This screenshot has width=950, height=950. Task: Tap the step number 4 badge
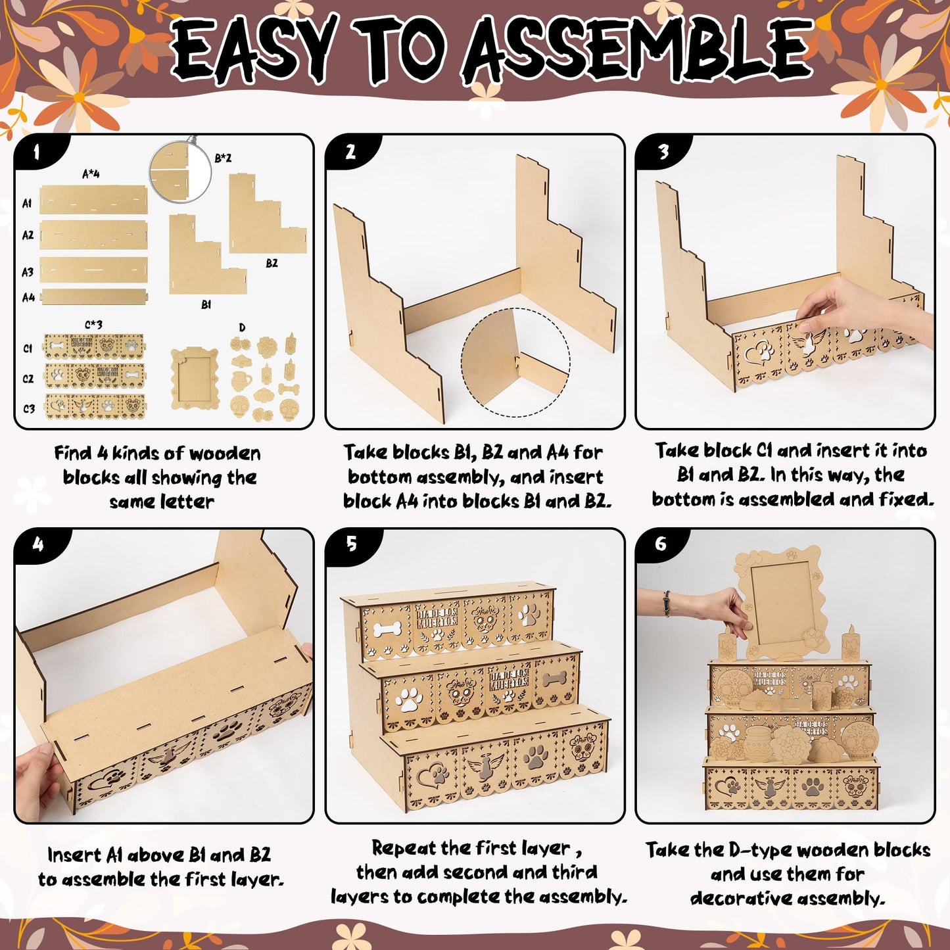tap(38, 544)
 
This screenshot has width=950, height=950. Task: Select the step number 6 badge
tap(661, 544)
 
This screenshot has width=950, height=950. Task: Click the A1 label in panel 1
tap(27, 203)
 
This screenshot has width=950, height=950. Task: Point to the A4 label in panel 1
tap(28, 297)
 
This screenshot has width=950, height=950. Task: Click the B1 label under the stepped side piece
tap(206, 304)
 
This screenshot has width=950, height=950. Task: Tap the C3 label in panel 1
tap(28, 408)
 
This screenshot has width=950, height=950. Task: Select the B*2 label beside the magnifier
tap(223, 158)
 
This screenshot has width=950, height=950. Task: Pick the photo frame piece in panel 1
tap(195, 379)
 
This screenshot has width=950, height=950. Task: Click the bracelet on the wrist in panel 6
tap(667, 604)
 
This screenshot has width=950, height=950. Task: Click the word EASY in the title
tap(251, 52)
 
